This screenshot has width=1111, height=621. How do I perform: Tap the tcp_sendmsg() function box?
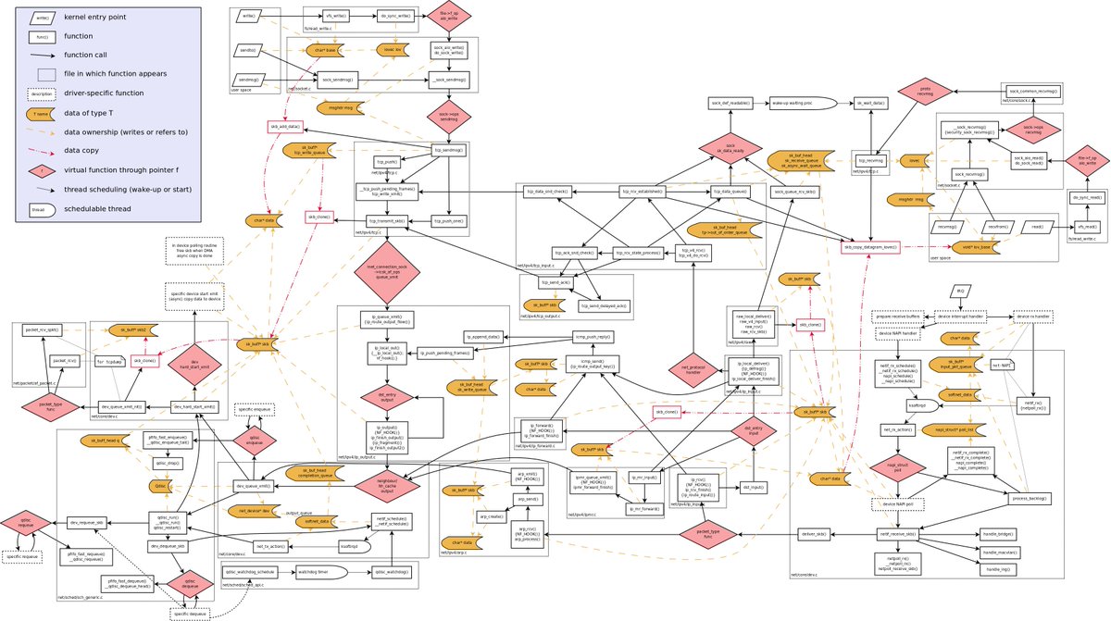pos(448,151)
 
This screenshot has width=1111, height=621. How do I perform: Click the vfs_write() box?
pos(335,17)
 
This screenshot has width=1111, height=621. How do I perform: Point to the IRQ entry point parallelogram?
pos(960,291)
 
